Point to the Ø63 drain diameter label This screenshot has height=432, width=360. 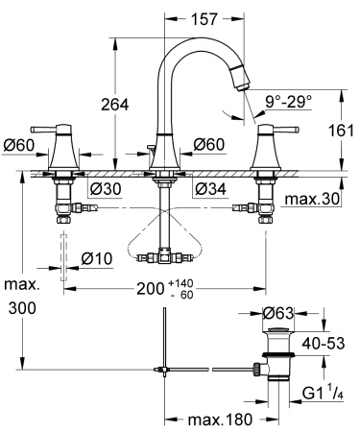click(x=278, y=312)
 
